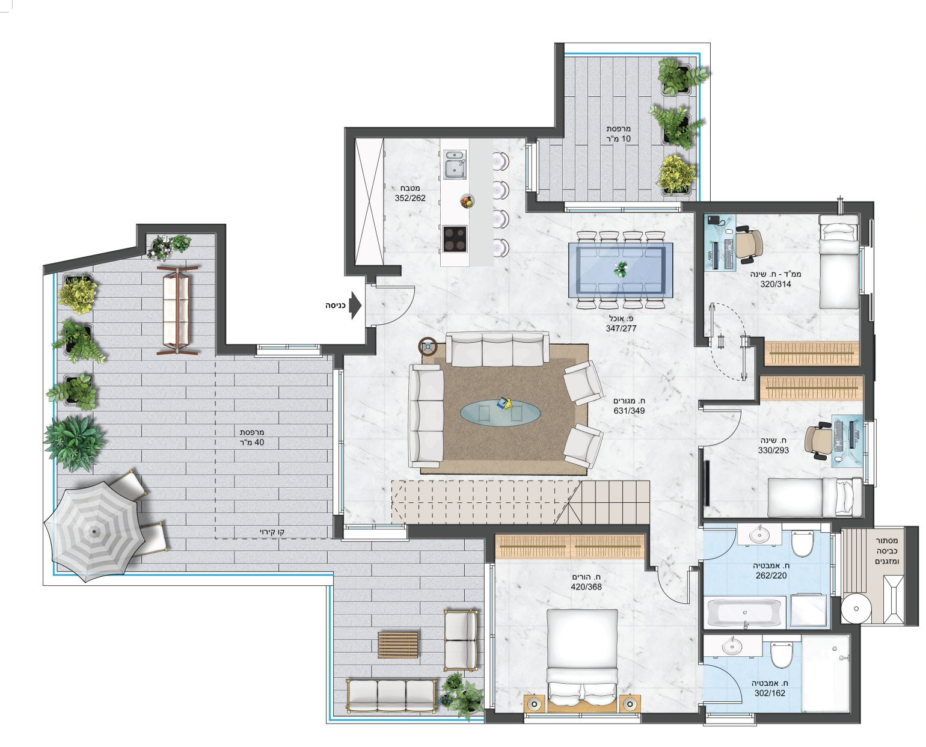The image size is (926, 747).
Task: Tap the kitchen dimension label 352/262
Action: tap(410, 198)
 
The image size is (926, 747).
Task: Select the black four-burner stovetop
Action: tap(455, 239)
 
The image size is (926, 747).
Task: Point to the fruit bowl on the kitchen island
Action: tap(467, 201)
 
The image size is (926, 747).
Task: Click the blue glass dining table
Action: tap(620, 270)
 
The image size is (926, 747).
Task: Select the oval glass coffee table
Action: tap(500, 413)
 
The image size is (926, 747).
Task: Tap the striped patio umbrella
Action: tap(94, 531)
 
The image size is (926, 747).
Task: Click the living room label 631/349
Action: tap(629, 411)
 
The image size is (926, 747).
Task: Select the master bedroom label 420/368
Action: tap(586, 587)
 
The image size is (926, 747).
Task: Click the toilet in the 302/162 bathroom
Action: tap(782, 655)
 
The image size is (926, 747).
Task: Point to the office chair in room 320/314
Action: tap(749, 244)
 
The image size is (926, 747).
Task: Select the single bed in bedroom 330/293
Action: tap(815, 497)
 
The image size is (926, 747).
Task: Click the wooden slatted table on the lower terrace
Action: tap(397, 645)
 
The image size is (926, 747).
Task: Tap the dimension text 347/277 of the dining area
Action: tap(621, 328)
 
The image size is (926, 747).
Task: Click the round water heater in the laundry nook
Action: tap(856, 608)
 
